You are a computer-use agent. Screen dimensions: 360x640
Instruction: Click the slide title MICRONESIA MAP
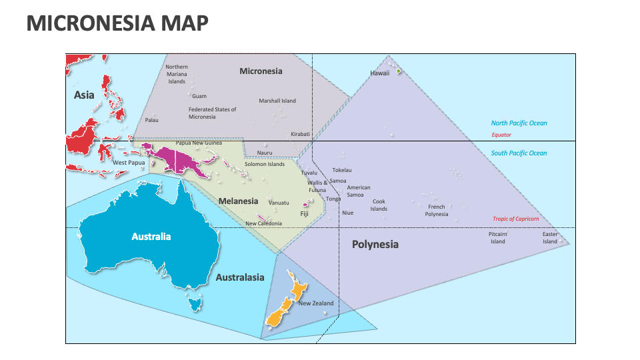pyautogui.click(x=117, y=23)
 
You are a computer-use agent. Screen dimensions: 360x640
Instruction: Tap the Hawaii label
pyautogui.click(x=379, y=73)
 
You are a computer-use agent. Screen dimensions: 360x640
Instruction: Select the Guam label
pyautogui.click(x=199, y=96)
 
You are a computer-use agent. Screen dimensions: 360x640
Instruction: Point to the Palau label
pyautogui.click(x=152, y=120)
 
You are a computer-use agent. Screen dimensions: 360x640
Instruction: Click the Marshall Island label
pyautogui.click(x=277, y=101)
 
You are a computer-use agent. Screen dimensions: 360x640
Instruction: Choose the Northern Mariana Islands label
pyautogui.click(x=177, y=74)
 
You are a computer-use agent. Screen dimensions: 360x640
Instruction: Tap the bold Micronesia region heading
pyautogui.click(x=261, y=71)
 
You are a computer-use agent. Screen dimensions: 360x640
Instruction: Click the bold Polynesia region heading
pyautogui.click(x=375, y=244)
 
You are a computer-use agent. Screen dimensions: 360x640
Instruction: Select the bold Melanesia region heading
pyautogui.click(x=238, y=201)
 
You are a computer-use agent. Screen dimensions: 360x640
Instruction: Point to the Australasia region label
pyautogui.click(x=240, y=277)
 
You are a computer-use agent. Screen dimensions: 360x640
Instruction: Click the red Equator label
pyautogui.click(x=501, y=135)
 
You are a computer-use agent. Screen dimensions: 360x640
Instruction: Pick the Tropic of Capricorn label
pyautogui.click(x=515, y=219)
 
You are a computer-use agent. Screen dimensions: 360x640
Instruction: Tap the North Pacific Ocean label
pyautogui.click(x=519, y=123)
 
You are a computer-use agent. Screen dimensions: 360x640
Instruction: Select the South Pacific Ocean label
pyautogui.click(x=519, y=153)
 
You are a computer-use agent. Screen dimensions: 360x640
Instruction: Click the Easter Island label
pyautogui.click(x=549, y=237)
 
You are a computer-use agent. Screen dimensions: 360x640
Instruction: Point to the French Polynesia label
pyautogui.click(x=437, y=211)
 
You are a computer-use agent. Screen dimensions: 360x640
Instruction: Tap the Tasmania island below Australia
pyautogui.click(x=195, y=305)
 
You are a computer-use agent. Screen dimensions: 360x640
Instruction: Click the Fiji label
pyautogui.click(x=304, y=214)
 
